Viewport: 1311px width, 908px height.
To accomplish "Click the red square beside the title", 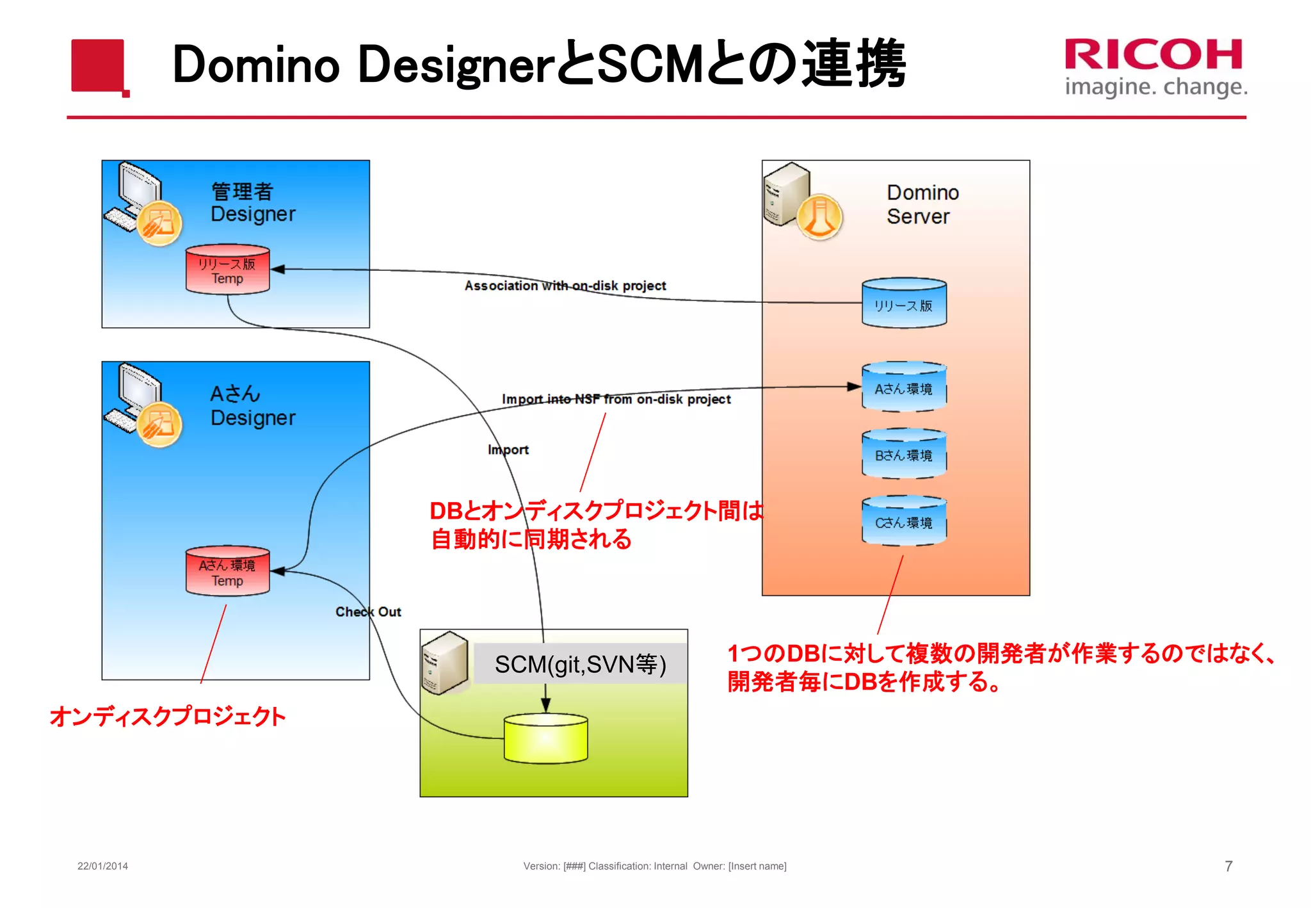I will click(x=98, y=66).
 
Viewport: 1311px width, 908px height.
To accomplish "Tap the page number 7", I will click(x=1228, y=866).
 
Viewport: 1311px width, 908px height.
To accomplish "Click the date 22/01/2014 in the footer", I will click(x=102, y=866).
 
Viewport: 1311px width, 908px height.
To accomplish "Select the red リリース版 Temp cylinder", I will click(x=227, y=270).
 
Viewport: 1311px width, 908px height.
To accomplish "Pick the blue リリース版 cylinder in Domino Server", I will click(x=903, y=304).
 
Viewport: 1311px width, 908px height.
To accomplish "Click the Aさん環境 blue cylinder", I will click(x=903, y=387).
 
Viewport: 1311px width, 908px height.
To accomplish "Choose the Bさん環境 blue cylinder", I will click(x=903, y=455).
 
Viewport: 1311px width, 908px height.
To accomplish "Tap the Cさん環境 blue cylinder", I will click(x=903, y=521).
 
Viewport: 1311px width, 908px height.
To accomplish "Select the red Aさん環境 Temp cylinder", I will click(x=227, y=571).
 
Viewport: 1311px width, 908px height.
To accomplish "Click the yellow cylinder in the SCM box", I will click(x=545, y=739).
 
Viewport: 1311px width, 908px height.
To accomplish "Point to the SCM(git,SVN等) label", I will click(x=580, y=664).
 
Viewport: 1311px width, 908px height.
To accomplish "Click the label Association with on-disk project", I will click(x=565, y=286).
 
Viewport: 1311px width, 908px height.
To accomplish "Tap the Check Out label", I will click(x=368, y=612).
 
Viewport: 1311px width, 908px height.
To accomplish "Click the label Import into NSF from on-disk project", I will click(x=616, y=399).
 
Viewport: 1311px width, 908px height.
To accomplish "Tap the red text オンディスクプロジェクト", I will click(x=168, y=716).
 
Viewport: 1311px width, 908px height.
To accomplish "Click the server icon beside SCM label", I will click(x=445, y=663).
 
